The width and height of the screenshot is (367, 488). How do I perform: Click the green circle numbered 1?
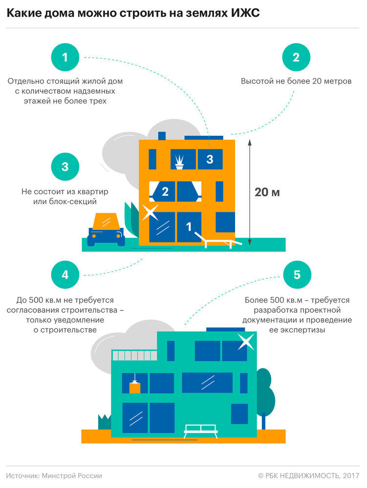tap(65, 57)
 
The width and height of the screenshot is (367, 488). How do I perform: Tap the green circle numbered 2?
tap(296, 57)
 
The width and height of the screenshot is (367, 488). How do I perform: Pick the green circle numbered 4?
tap(65, 275)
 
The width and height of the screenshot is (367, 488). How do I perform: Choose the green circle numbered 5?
tap(296, 275)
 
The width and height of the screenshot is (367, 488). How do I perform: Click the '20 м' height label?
tap(267, 192)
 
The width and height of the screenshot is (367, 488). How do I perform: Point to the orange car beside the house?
tap(106, 229)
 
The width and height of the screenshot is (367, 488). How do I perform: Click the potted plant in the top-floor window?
tap(180, 161)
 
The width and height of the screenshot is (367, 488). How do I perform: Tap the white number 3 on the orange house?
tap(210, 159)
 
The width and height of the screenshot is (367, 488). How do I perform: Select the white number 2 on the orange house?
tap(165, 192)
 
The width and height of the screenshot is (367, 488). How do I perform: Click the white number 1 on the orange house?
tap(189, 226)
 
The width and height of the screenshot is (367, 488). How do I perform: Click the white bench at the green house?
tap(200, 430)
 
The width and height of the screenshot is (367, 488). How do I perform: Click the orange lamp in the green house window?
tap(134, 385)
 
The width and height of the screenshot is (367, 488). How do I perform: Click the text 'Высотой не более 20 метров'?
tap(296, 81)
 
